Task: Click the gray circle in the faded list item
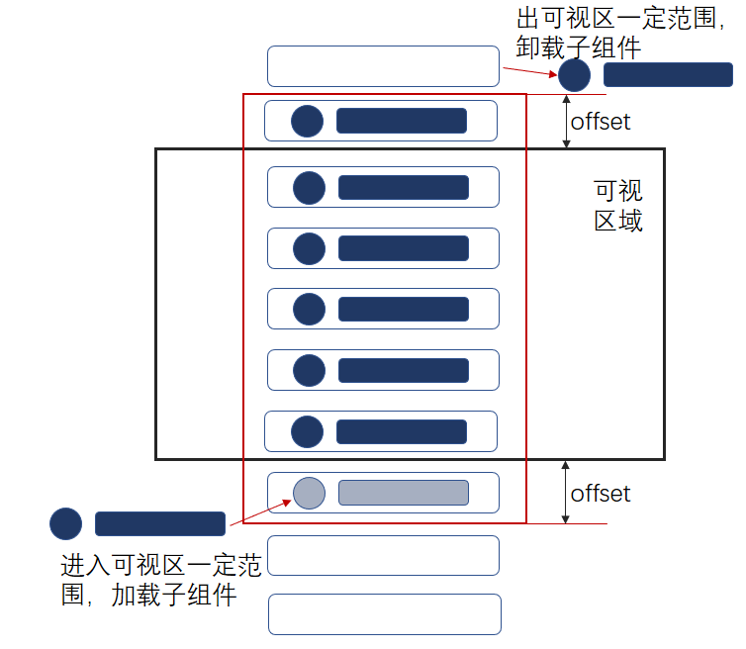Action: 311,492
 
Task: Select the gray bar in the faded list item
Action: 403,492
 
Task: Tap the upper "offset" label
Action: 601,122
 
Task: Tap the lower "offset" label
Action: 601,493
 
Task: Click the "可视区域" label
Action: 618,205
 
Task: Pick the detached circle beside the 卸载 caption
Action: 574,75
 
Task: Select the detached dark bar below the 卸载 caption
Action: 668,75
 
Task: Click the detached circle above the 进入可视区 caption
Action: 65,523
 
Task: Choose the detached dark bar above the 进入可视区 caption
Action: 160,523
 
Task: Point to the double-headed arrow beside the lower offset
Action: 566,492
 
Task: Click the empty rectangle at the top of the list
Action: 383,66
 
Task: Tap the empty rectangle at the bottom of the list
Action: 384,614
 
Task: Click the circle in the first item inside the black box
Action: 310,187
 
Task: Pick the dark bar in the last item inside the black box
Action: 401,431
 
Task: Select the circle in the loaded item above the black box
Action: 308,121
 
